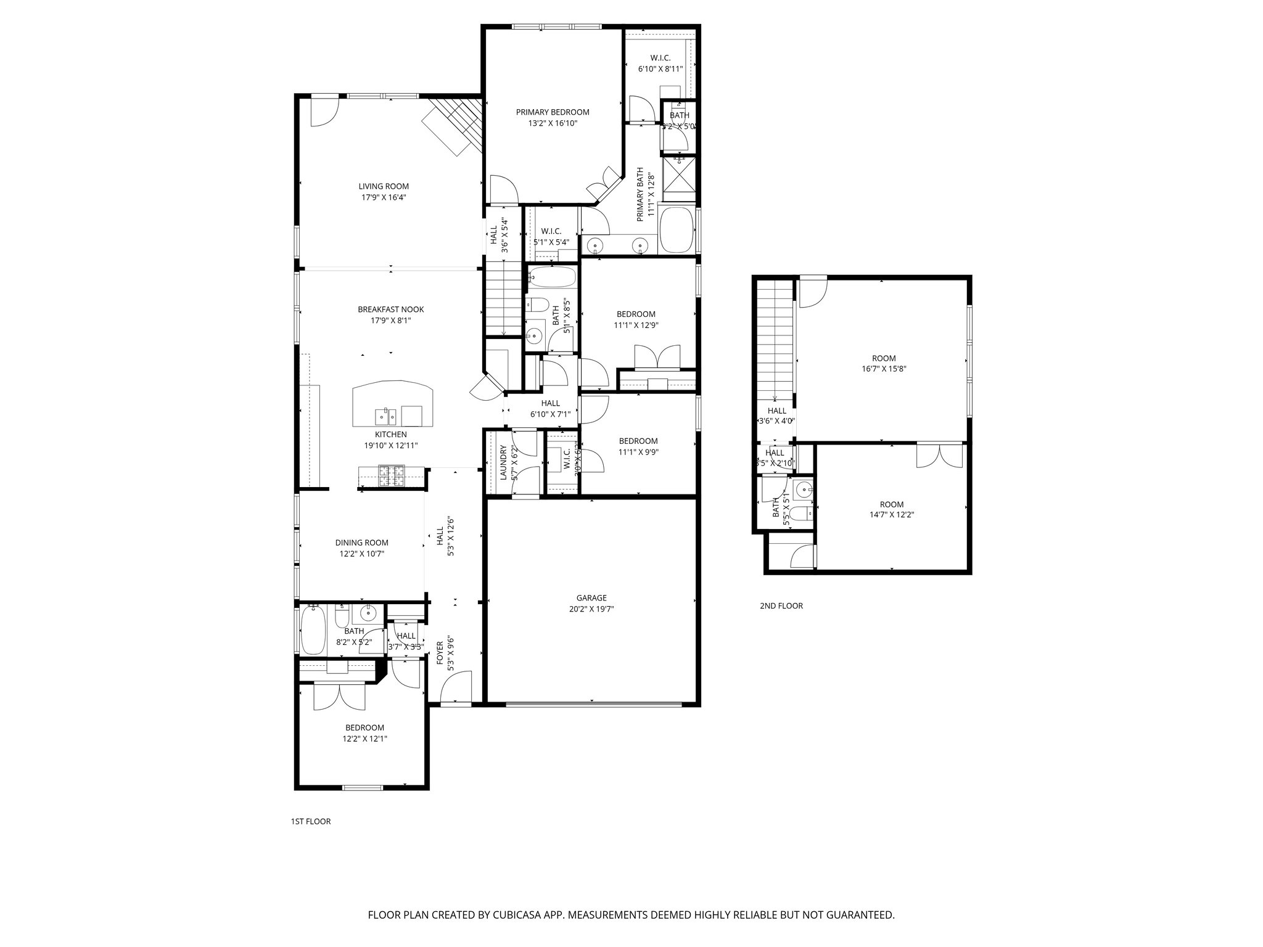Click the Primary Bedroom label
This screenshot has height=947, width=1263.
[x=552, y=112]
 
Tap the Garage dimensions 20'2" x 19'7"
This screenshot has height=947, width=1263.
[x=591, y=609]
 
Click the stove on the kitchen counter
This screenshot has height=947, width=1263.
[x=391, y=477]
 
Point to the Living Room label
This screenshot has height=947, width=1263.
[x=384, y=186]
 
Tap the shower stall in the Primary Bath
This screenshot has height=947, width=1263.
[x=678, y=177]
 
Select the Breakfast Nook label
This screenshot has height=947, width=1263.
[x=391, y=310]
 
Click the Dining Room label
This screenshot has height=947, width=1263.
[x=362, y=543]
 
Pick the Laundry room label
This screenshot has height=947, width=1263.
[x=503, y=463]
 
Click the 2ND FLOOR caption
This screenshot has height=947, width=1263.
[x=781, y=606]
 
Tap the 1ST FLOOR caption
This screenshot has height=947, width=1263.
[x=310, y=822]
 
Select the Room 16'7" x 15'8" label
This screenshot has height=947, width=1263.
[x=884, y=358]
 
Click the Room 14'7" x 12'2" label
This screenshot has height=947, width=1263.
[x=892, y=504]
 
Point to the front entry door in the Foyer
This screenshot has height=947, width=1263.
[x=455, y=687]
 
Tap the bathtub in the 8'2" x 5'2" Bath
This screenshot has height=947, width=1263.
[x=314, y=630]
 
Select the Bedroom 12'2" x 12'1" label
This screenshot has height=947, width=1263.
[x=364, y=728]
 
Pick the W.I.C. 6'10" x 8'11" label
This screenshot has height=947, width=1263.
[x=660, y=58]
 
